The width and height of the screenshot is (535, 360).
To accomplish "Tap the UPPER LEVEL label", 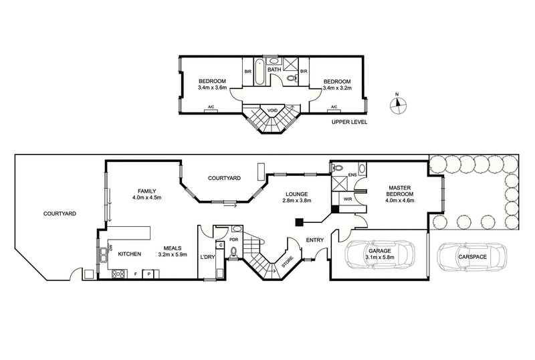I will pyautogui.click(x=349, y=122).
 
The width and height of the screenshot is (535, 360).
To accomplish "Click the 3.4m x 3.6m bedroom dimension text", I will pyautogui.click(x=213, y=87).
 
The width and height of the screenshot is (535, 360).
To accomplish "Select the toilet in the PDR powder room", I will pyautogui.click(x=234, y=252).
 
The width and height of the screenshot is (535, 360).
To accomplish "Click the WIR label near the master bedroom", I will pyautogui.click(x=347, y=199).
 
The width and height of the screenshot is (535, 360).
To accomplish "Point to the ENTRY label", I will pyautogui.click(x=314, y=240).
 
